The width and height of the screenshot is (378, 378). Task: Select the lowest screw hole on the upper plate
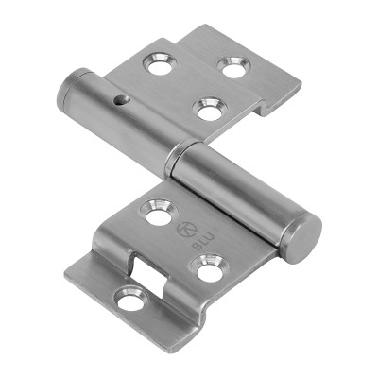click(x=207, y=109)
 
